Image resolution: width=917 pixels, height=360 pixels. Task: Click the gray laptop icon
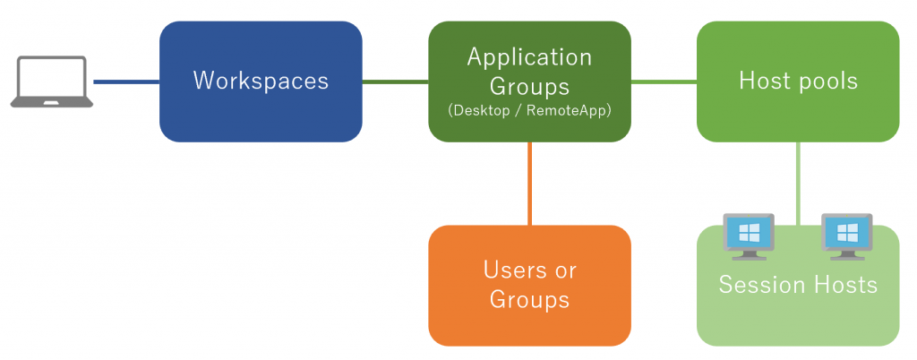tap(51, 81)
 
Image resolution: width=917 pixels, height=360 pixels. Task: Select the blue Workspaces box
tap(261, 81)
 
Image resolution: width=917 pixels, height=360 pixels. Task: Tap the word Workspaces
tap(261, 81)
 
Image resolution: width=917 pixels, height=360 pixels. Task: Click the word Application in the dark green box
tap(529, 58)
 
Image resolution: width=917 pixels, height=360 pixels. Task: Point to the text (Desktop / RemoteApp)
tap(529, 111)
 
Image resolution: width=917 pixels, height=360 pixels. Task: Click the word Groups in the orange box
tap(529, 299)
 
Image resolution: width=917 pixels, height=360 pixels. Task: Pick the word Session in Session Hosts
tap(754, 285)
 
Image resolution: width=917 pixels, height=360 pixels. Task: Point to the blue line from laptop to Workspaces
tap(126, 81)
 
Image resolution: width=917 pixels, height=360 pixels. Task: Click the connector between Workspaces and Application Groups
tap(395, 81)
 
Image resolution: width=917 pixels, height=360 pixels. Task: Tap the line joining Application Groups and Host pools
tap(664, 81)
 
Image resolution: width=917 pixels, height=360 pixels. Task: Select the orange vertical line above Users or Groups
tap(530, 184)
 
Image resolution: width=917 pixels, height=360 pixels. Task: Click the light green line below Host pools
tap(798, 184)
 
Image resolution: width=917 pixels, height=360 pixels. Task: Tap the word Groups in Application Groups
tap(529, 87)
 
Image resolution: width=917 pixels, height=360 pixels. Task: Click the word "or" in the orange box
tap(561, 271)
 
